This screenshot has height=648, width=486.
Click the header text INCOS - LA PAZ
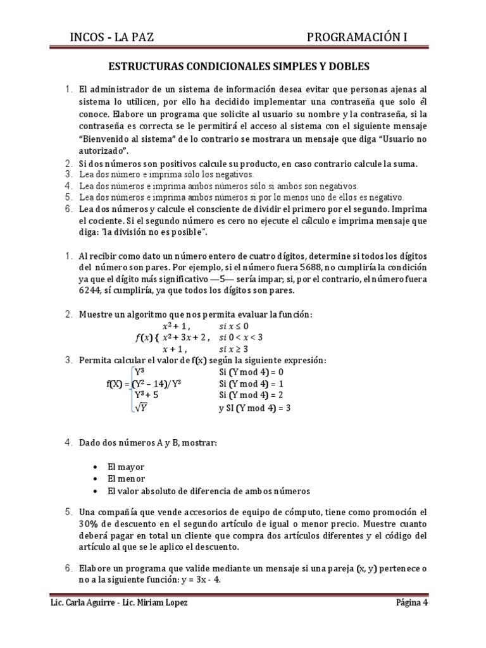pos(111,39)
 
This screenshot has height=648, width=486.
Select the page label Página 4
pos(411,602)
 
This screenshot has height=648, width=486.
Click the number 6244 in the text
pos(91,291)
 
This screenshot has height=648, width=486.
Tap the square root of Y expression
pos(141,408)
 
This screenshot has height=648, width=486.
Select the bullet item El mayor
pos(126,466)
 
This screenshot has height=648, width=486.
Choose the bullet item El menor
pos(127,478)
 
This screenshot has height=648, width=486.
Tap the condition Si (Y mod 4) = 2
pos(251,396)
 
